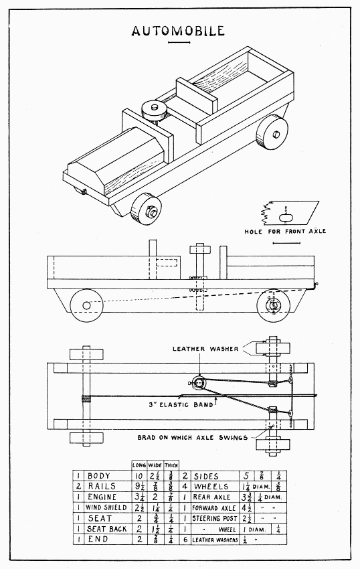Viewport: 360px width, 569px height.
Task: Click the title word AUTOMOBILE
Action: click(178, 31)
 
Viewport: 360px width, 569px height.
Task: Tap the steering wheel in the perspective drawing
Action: click(153, 110)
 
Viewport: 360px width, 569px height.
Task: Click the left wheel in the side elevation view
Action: click(86, 305)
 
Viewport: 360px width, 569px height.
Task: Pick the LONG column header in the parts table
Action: click(138, 465)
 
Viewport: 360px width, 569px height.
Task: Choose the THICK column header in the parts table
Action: click(171, 465)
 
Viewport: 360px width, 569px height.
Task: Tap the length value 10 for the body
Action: click(137, 476)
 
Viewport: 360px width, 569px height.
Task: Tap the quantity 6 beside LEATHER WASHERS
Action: click(185, 540)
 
